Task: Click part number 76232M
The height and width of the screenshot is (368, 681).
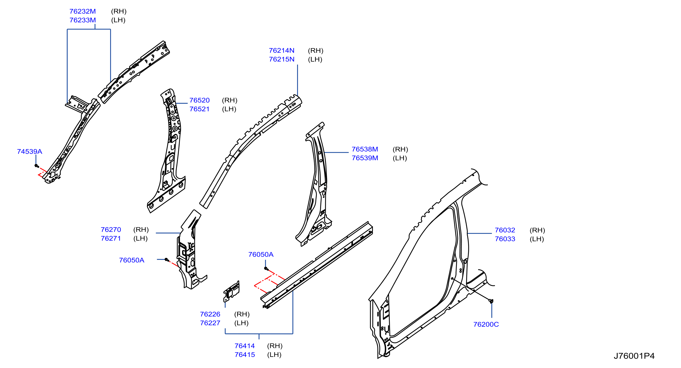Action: [x=82, y=11]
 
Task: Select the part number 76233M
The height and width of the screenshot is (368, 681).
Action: [x=82, y=20]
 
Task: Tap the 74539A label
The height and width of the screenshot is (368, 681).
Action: [x=30, y=151]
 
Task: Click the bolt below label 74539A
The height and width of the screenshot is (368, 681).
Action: [x=37, y=166]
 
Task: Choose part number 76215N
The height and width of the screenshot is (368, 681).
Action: [x=282, y=59]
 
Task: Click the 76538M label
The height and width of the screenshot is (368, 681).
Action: [x=365, y=149]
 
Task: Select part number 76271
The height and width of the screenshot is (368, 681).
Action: [x=111, y=238]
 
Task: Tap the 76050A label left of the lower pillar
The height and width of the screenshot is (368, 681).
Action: [x=132, y=260]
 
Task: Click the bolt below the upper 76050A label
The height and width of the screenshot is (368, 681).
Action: [x=266, y=269]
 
